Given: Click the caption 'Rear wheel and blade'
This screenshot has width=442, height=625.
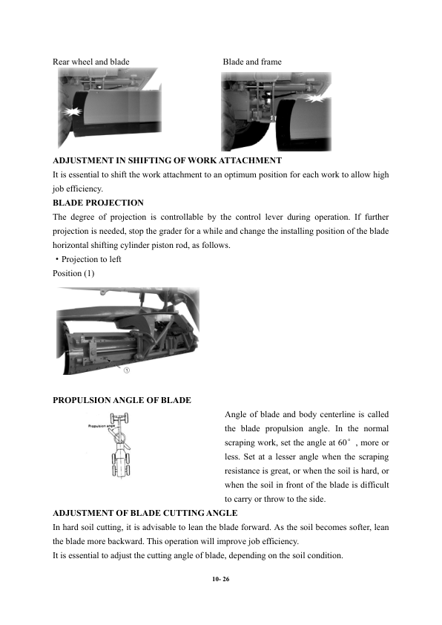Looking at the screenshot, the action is [x=90, y=62].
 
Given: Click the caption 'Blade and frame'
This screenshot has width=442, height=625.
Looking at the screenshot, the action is [x=252, y=62].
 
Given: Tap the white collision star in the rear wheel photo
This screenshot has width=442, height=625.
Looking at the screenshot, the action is [x=72, y=111].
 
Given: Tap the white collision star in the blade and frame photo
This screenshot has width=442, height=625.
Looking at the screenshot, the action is [x=316, y=98].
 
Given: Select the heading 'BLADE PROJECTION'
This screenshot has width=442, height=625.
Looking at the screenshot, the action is [x=98, y=203].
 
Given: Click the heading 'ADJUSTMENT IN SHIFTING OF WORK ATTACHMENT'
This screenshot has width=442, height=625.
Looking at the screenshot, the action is [x=168, y=160].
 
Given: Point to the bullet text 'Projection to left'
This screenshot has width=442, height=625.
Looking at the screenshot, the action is [x=91, y=260].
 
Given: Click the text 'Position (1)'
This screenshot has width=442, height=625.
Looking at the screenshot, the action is [x=73, y=273].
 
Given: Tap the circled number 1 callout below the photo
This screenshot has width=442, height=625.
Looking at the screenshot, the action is [x=127, y=370].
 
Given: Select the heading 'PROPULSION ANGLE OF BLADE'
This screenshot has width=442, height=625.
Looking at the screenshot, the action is [x=122, y=400].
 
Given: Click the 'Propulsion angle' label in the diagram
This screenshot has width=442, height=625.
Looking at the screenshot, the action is [x=101, y=426].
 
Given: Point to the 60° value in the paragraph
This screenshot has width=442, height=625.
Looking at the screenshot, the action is [x=344, y=443].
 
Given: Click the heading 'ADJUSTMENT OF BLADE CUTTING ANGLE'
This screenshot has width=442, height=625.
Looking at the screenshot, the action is [x=145, y=513].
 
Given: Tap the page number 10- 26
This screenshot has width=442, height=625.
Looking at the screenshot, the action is [x=221, y=579].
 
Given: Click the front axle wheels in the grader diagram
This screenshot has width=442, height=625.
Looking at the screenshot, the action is [x=119, y=419].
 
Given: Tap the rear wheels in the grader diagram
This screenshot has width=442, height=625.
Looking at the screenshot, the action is [x=121, y=464].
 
